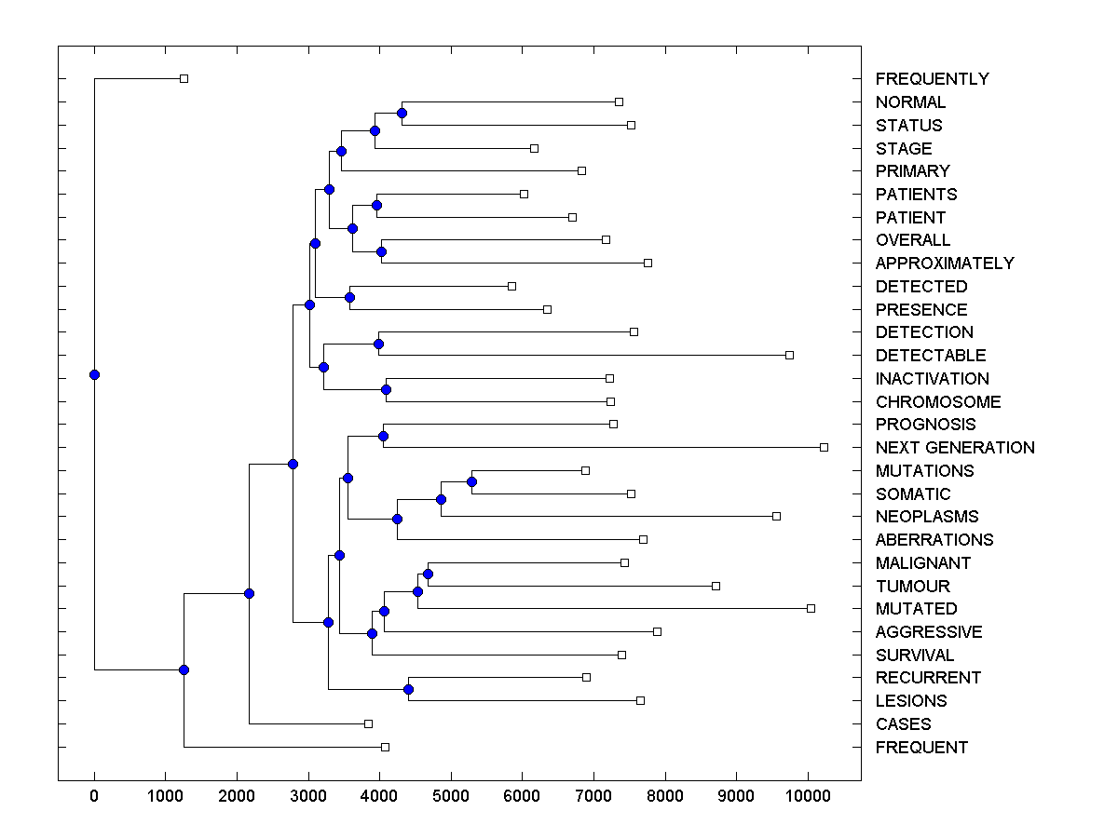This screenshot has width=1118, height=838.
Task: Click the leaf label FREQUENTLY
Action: pyautogui.click(x=932, y=79)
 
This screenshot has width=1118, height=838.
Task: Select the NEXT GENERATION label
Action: pyautogui.click(x=954, y=448)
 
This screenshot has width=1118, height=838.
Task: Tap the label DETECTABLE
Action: pyautogui.click(x=930, y=356)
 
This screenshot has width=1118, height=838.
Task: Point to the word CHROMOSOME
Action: pyautogui.click(x=937, y=402)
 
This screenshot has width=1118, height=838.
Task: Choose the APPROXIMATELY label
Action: pyautogui.click(x=944, y=264)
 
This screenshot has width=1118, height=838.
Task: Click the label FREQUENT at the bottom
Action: pyautogui.click(x=921, y=748)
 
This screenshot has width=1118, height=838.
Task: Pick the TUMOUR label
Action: pyautogui.click(x=912, y=587)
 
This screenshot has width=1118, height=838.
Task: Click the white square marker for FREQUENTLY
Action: pyautogui.click(x=184, y=78)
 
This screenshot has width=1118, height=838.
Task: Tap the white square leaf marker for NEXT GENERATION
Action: pyautogui.click(x=824, y=447)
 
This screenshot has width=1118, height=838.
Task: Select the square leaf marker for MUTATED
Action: pyautogui.click(x=811, y=608)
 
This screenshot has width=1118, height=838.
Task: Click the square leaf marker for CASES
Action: pyautogui.click(x=368, y=723)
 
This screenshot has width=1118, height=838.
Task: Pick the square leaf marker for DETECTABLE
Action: pyautogui.click(x=789, y=355)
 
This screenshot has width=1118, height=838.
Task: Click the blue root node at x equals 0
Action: pyautogui.click(x=94, y=374)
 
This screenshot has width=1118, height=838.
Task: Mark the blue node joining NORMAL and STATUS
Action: pyautogui.click(x=402, y=114)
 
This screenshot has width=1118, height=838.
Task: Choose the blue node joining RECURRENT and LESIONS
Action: pyautogui.click(x=408, y=689)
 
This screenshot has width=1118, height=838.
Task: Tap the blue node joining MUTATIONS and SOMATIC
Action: pyautogui.click(x=471, y=481)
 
